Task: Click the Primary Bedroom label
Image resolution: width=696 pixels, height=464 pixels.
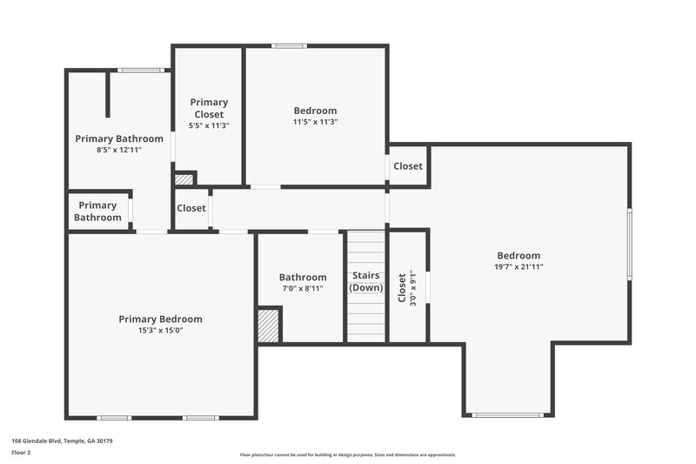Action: click(x=161, y=319)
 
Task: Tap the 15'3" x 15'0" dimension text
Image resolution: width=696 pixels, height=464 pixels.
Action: click(x=161, y=331)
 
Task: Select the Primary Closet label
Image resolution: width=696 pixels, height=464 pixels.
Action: click(x=209, y=108)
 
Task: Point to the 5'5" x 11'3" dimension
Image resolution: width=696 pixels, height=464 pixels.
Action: click(x=209, y=125)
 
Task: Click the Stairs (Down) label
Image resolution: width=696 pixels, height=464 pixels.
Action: click(x=366, y=282)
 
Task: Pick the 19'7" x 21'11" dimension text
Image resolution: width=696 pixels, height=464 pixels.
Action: click(x=519, y=267)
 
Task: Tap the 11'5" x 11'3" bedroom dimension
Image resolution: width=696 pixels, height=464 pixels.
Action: click(x=315, y=123)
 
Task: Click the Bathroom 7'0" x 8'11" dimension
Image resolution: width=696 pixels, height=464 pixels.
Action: click(x=303, y=288)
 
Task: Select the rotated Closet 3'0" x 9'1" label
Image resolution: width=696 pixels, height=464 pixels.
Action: click(x=406, y=286)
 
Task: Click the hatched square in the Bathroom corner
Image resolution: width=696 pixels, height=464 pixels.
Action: click(x=269, y=326)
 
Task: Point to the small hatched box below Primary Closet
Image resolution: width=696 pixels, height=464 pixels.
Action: click(x=184, y=180)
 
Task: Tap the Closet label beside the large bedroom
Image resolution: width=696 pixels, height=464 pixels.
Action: click(x=408, y=166)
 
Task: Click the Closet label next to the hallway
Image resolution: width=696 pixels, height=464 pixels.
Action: click(x=191, y=209)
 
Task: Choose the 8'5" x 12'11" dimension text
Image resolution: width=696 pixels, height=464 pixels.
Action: click(x=119, y=150)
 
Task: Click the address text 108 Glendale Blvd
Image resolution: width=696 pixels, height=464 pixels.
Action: click(x=62, y=441)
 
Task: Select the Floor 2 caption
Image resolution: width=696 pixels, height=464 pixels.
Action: click(x=21, y=453)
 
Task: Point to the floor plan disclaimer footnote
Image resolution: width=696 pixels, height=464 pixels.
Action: click(x=347, y=454)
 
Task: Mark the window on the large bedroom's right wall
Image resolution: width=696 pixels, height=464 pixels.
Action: click(x=629, y=243)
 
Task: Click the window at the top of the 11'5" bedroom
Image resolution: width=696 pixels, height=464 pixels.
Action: click(x=288, y=46)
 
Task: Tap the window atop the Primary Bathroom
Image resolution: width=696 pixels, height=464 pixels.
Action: click(x=141, y=71)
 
